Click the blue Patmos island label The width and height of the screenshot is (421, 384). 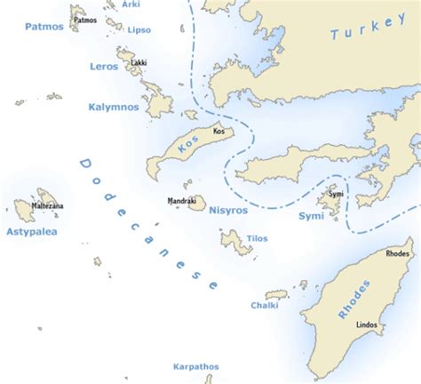[44, 27]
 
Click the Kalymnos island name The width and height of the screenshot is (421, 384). [113, 107]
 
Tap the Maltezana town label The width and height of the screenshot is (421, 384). [47, 206]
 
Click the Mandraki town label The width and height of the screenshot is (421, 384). [181, 202]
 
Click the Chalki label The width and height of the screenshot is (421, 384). [264, 305]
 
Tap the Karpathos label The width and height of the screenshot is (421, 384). [196, 365]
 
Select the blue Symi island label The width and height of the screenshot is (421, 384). [311, 216]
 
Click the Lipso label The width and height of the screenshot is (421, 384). [139, 29]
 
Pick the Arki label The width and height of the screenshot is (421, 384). [131, 4]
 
